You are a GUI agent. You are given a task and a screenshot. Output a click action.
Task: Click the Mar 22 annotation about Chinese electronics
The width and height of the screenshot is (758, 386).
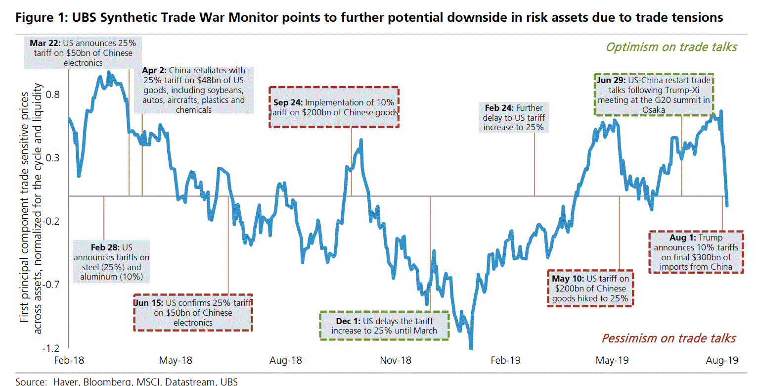click(x=81, y=53)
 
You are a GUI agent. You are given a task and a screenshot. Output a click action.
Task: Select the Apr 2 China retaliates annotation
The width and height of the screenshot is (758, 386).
click(x=194, y=90)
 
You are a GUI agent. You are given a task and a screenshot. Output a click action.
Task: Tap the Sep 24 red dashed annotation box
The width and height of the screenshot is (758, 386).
click(x=334, y=107)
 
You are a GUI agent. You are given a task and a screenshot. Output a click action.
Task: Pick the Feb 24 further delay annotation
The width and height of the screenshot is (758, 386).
click(x=514, y=117)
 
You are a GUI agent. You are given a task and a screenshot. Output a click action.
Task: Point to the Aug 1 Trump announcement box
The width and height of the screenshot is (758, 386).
click(x=695, y=252)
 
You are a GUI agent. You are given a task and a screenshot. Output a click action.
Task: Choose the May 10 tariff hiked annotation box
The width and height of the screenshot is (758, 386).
click(x=591, y=289)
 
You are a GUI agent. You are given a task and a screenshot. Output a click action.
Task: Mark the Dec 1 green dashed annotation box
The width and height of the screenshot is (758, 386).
click(x=384, y=325)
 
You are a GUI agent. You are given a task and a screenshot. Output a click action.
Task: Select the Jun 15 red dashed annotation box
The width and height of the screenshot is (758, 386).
click(x=193, y=312)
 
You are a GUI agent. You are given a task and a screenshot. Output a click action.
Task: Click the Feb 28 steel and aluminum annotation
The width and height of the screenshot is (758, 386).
click(x=112, y=262)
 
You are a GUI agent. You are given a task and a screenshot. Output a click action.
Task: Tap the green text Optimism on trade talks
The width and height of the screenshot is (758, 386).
click(x=671, y=47)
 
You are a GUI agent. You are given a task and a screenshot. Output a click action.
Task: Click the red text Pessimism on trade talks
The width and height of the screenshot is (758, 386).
click(x=669, y=338)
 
